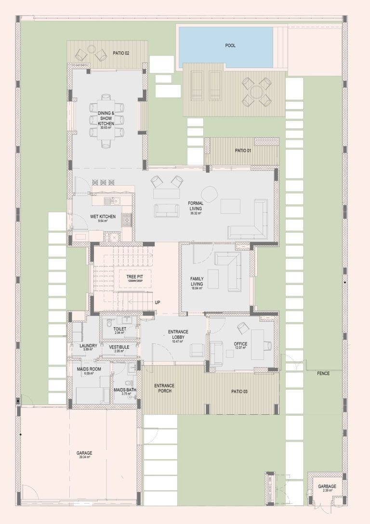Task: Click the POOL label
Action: [230, 46]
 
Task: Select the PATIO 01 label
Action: [243, 151]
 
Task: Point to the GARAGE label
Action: [84, 453]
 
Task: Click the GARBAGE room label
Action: [327, 486]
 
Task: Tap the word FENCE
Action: [323, 374]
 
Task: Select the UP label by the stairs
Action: [158, 302]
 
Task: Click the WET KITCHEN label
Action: [103, 217]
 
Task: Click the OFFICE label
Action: [240, 344]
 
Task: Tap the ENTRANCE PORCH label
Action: [164, 388]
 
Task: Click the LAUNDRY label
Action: [88, 345]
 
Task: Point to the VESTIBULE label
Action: [119, 347]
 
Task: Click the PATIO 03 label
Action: [238, 392]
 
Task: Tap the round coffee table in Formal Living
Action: [209, 194]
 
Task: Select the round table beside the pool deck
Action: [256, 91]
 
